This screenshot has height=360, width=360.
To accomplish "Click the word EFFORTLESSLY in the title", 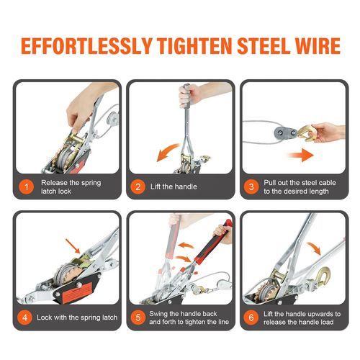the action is (86, 45).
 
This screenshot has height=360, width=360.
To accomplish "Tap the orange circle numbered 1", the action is (26, 186).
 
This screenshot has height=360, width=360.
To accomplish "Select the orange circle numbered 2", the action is (138, 186).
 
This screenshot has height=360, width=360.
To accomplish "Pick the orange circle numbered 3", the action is (251, 186).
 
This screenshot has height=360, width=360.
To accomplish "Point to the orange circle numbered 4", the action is (24, 318).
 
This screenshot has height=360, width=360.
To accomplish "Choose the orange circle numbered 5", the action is (138, 318).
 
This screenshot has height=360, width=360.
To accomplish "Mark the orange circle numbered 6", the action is (251, 318).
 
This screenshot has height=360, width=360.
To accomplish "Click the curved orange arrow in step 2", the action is (166, 150).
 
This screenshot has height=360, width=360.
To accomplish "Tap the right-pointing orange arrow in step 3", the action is (301, 155).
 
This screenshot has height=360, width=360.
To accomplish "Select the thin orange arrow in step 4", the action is (73, 246).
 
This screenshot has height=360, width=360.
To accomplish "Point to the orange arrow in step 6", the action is (315, 248).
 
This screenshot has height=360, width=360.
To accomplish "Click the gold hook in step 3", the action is (306, 133).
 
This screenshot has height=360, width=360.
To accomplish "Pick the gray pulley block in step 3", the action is (286, 132).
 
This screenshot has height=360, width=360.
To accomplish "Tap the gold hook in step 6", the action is (323, 276).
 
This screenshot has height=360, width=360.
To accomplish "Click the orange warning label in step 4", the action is (77, 292).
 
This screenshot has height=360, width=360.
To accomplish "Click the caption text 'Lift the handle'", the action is (174, 186).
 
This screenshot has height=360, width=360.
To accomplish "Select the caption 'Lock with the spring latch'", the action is (77, 318).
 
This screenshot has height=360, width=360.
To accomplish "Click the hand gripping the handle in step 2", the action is (189, 95).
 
